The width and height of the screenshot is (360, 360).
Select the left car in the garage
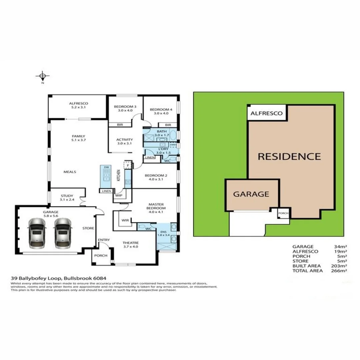[x=37, y=233]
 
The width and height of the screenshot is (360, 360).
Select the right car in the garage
[x=63, y=233]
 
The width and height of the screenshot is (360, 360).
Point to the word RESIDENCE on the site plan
[x=289, y=156]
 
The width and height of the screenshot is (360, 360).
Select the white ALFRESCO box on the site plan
[x=267, y=113]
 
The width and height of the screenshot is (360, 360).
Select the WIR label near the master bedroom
[x=126, y=220]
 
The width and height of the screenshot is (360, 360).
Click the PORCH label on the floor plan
[x=101, y=256]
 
